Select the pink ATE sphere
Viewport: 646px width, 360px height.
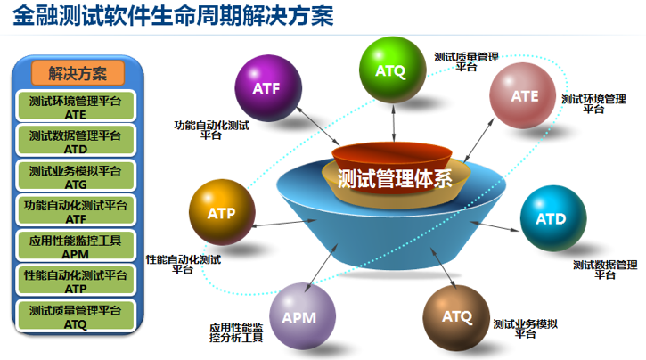coord(524,96)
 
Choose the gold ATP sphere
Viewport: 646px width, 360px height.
coord(221,212)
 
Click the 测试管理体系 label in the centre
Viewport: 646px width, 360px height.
coord(395,177)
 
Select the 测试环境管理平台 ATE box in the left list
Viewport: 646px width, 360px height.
coord(76,107)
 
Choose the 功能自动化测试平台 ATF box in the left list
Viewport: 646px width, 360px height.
coord(76,211)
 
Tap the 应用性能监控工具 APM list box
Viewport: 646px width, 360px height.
coord(76,246)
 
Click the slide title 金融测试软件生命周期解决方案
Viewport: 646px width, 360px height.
coord(173,17)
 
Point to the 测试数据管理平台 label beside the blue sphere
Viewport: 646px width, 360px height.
coord(605,269)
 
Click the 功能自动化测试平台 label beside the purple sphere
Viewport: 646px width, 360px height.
coord(211,131)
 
